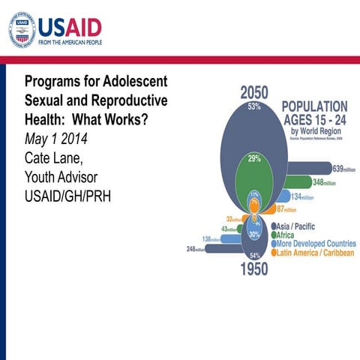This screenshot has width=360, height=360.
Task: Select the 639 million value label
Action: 343,167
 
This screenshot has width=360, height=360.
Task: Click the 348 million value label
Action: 324,182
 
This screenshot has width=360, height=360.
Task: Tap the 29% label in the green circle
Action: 255,159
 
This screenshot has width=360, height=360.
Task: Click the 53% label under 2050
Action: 255,107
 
